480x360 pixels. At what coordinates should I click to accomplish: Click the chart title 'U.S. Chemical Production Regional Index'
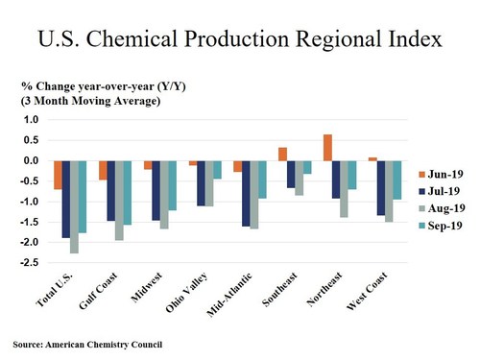click(239, 39)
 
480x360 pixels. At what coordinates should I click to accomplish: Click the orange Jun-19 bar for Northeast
click(328, 148)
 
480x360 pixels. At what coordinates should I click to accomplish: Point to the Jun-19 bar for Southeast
click(283, 154)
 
